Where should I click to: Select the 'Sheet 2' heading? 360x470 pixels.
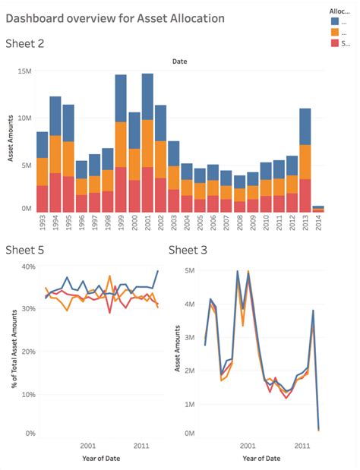pyautogui.click(x=24, y=43)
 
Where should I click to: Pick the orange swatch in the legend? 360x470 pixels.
pyautogui.click(x=335, y=32)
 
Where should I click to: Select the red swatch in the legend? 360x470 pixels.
pyautogui.click(x=335, y=43)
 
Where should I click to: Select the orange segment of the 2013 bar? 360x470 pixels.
pyautogui.click(x=305, y=162)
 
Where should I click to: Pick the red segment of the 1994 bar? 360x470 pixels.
pyautogui.click(x=55, y=193)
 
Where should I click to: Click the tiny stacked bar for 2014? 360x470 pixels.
pyautogui.click(x=319, y=209)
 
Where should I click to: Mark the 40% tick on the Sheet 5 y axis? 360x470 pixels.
pyautogui.click(x=28, y=267)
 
